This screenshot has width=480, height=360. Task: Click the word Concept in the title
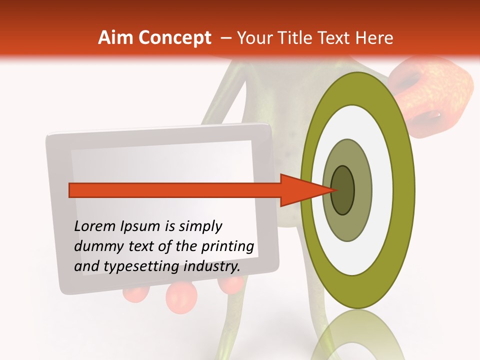click(x=175, y=37)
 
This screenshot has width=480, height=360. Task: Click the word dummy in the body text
click(x=95, y=246)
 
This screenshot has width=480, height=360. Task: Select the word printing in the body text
click(x=228, y=247)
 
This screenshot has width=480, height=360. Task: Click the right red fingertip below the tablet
click(x=231, y=283)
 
